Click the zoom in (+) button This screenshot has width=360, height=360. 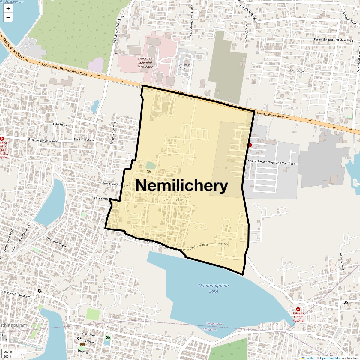8,9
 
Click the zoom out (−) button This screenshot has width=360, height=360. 8,18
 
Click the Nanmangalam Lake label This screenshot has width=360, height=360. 214,288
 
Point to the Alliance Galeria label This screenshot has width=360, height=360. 184,67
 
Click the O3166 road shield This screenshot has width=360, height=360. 222,244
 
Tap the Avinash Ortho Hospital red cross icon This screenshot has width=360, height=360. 298,309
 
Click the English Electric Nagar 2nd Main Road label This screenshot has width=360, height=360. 271,162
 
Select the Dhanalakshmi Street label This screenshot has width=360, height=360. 116,184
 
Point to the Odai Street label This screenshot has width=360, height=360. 60,124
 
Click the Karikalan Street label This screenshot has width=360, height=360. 84,140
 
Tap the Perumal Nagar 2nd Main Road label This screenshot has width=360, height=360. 333,40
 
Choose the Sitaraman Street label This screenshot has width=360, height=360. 56,241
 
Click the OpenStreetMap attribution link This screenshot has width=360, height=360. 330,358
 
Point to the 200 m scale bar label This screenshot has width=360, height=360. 8,352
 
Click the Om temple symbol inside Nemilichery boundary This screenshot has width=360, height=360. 148,172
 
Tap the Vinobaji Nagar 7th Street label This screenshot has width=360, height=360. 15,294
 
